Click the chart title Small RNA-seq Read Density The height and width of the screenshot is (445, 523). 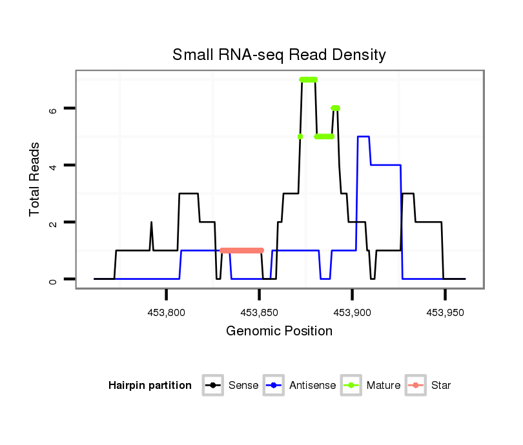pos(279,55)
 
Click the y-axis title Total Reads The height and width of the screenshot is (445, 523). pos(36,179)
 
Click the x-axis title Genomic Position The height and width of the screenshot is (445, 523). pos(279,331)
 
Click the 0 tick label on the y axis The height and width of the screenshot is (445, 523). pos(54,279)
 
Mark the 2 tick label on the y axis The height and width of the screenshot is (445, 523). pos(54,222)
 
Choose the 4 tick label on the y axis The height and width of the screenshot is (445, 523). pos(54,166)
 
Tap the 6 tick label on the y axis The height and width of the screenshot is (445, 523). pos(54,109)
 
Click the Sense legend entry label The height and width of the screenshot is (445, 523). pos(243,386)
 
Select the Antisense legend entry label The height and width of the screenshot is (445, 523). pos(313,386)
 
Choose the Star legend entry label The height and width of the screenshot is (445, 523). pos(441,386)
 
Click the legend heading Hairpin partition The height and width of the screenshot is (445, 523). pos(150,386)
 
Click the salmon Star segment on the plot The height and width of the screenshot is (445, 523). pos(241,250)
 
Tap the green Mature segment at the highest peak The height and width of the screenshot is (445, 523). pos(309,79)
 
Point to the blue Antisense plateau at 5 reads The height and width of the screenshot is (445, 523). pos(364,137)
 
